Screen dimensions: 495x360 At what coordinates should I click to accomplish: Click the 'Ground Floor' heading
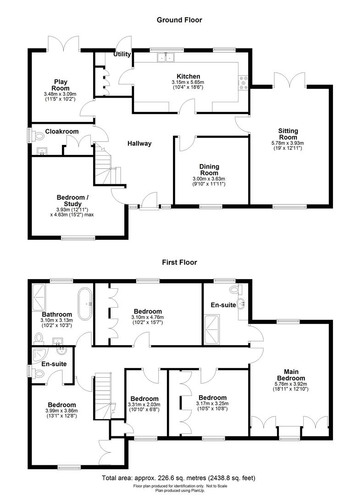(x=179, y=20)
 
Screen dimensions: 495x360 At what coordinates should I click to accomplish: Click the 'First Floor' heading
(x=179, y=263)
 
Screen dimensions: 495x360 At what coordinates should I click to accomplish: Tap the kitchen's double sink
(x=166, y=57)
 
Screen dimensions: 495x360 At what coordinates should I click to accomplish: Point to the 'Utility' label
(x=122, y=54)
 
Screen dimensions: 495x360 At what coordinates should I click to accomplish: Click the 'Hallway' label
(x=139, y=143)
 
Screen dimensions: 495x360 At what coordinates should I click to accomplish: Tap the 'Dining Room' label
(x=209, y=170)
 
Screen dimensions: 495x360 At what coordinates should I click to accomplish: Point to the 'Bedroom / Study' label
(x=69, y=201)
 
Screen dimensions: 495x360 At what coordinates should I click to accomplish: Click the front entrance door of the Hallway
(x=148, y=202)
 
